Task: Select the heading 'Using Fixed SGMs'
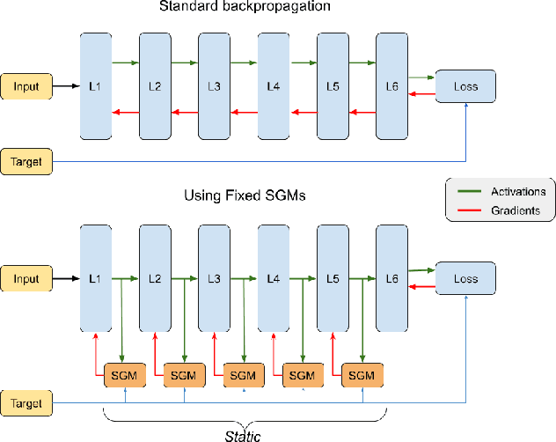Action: [x=245, y=196]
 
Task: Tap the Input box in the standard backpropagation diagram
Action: [x=26, y=85]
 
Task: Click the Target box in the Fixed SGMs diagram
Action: [x=26, y=403]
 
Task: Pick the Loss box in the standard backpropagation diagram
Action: [x=466, y=86]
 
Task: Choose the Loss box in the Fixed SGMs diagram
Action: [x=466, y=278]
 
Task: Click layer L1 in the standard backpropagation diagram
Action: [x=96, y=85]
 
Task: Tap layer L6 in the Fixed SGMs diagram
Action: [x=391, y=278]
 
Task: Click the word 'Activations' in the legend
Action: [x=517, y=192]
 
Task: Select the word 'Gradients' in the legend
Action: [x=514, y=210]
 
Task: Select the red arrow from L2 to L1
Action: [x=126, y=111]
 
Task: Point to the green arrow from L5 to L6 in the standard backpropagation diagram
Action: [x=361, y=63]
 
